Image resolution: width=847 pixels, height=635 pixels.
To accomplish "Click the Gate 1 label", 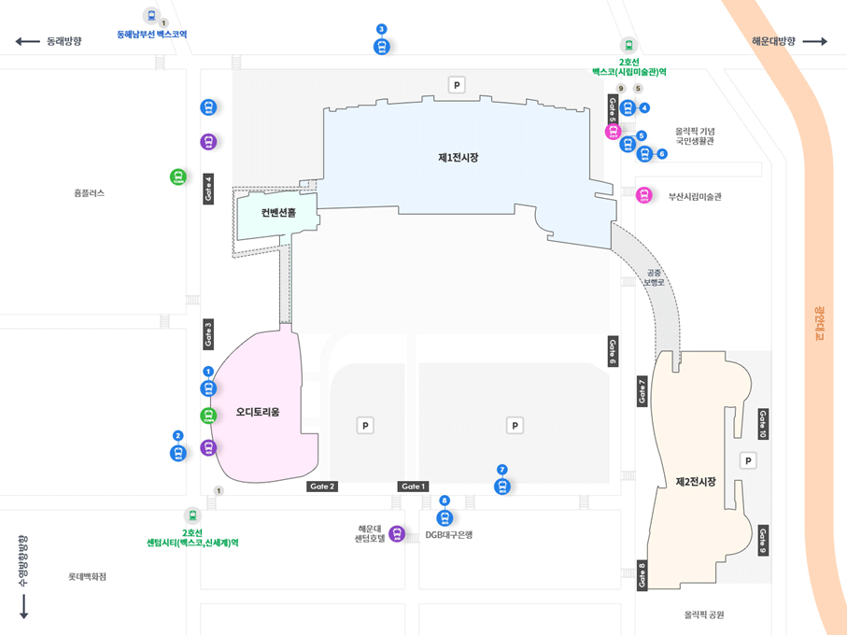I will point(413,487).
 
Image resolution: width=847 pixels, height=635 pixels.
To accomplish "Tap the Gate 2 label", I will point(322,487).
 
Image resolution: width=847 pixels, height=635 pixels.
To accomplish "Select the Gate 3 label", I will point(208,333).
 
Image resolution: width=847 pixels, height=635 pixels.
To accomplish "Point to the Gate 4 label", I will point(208,189).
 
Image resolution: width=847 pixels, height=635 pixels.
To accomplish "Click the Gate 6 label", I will point(613,350).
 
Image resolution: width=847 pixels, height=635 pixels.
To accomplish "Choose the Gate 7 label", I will point(642,390).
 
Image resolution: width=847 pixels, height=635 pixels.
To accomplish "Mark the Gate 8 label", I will point(642,575).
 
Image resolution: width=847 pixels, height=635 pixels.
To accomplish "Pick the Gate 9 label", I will point(763,541).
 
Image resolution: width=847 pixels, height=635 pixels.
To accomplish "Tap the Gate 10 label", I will point(763,424).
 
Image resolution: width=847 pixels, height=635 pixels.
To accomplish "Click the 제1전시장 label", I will point(458,158).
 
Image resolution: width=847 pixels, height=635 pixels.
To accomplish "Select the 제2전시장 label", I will point(696,482).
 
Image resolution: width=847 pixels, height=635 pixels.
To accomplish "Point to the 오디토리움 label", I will point(258,412).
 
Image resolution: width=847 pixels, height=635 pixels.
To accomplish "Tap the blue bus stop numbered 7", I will point(502,486).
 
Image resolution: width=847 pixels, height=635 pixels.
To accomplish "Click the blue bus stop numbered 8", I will point(445,517).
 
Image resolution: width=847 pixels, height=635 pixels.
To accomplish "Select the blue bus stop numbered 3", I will point(381,47).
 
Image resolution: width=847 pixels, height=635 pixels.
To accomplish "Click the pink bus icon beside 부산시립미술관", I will point(643,195).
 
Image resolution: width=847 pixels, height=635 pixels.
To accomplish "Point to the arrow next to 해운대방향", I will point(814,41).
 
